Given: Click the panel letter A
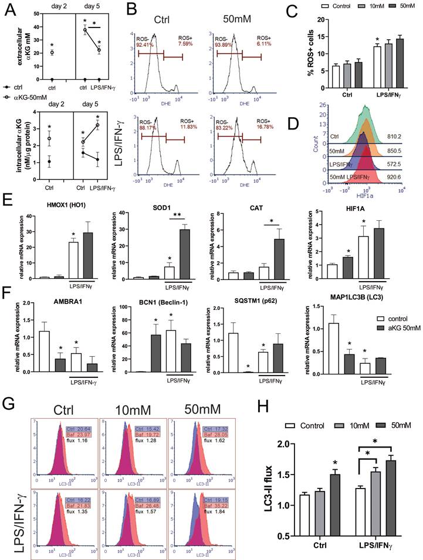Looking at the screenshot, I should (x=10, y=11).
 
